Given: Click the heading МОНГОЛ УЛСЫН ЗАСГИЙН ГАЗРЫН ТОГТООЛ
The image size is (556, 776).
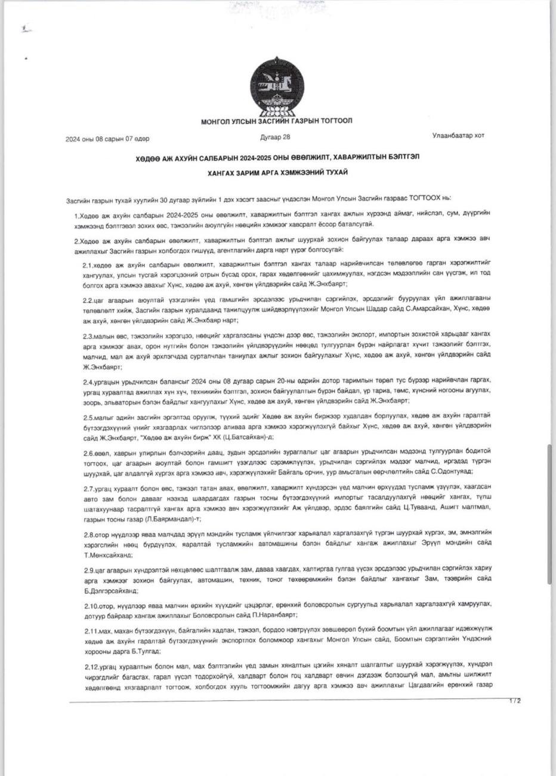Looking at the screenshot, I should (276, 121).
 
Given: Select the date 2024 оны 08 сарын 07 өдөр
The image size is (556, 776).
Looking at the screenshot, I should (107, 139).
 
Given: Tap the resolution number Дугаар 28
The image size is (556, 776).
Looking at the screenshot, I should (275, 137).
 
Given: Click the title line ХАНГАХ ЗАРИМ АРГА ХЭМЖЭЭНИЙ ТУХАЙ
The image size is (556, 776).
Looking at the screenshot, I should (277, 173).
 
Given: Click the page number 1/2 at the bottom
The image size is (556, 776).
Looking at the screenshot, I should (515, 701).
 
